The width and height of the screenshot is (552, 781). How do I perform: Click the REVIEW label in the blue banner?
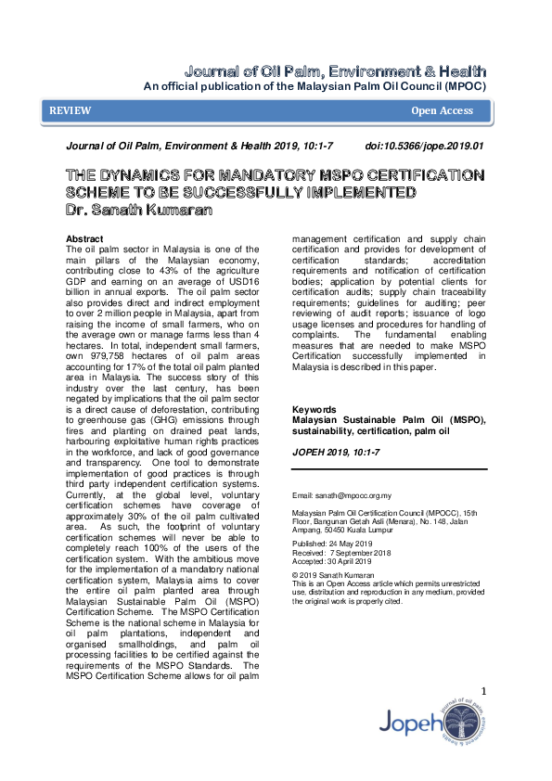click(71, 110)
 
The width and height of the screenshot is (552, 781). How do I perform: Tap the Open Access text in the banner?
click(442, 110)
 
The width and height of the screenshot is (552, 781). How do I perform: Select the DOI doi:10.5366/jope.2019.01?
click(425, 147)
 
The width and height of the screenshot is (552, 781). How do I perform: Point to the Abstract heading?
click(85, 238)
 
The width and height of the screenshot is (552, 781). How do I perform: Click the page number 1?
click(483, 691)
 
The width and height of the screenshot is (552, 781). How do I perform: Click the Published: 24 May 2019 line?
click(332, 544)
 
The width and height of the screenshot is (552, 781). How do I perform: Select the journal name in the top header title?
click(333, 71)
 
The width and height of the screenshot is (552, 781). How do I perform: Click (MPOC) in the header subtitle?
click(465, 86)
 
